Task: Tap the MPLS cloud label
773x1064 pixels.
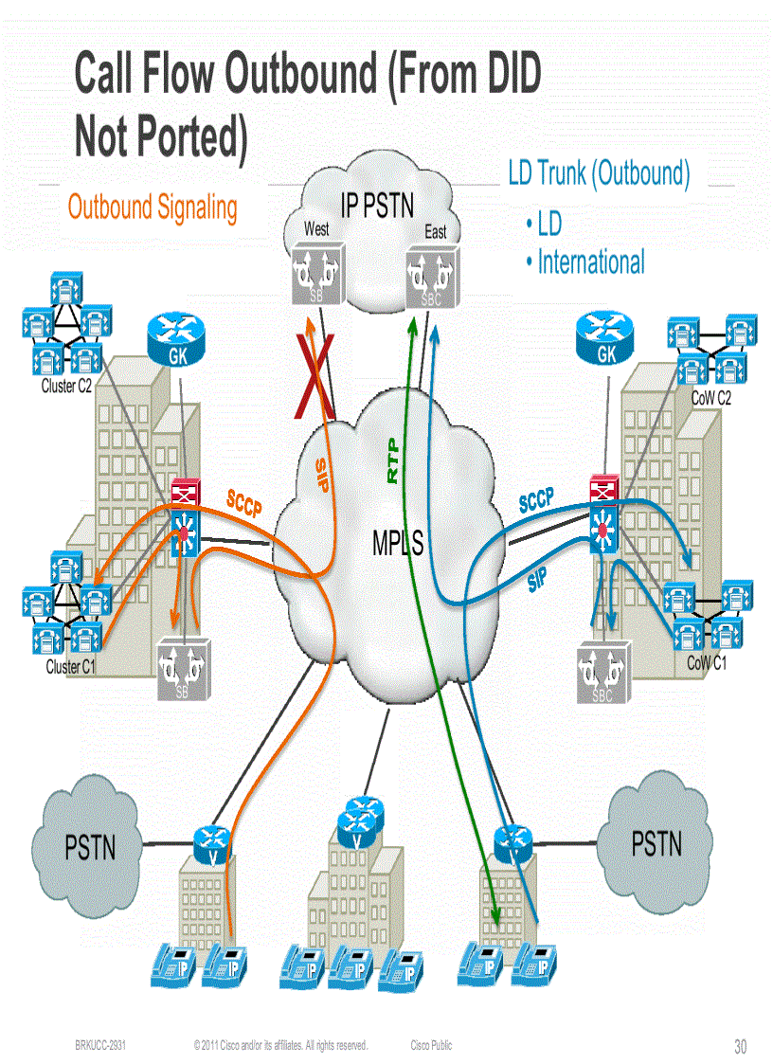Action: pos(397,544)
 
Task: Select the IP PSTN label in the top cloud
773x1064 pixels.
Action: pos(377,206)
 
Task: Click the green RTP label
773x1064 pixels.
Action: pos(393,461)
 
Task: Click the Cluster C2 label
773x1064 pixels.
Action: pos(66,387)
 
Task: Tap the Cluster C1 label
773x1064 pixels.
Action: pos(71,667)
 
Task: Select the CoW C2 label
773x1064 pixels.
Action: pos(710,399)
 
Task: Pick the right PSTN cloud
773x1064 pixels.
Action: pos(656,840)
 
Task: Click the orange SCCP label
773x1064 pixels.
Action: pos(243,502)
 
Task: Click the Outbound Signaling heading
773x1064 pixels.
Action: pos(153,207)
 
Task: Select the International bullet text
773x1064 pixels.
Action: pos(590,261)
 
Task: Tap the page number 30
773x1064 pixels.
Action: pos(740,1047)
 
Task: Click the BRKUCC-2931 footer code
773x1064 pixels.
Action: pos(101,1045)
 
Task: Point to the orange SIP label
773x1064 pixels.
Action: pos(323,474)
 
